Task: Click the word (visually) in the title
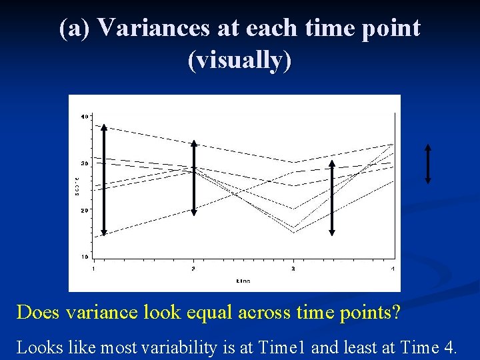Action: coord(240,60)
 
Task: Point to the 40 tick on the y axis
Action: coord(84,117)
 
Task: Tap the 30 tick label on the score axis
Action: coord(84,163)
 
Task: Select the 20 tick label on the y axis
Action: coord(84,210)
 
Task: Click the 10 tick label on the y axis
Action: coord(84,257)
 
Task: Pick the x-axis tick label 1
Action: coord(93,268)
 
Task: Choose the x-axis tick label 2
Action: coord(193,268)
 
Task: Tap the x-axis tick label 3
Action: coord(293,268)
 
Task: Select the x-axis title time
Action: coord(243,281)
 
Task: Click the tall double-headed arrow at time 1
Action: coord(104,180)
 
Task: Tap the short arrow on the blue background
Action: coord(428,163)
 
